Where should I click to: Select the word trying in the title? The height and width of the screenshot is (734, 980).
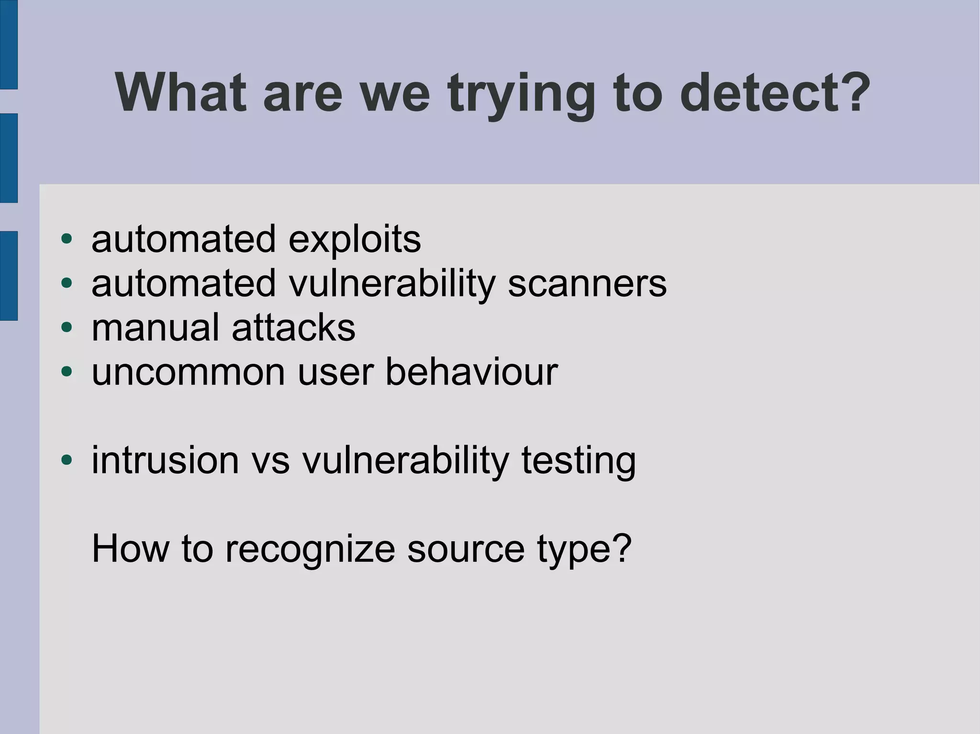[x=522, y=94]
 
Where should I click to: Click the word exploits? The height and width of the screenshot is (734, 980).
[x=355, y=240]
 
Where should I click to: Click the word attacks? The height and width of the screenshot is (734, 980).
[x=293, y=328]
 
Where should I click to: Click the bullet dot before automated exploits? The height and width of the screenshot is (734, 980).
[x=67, y=239]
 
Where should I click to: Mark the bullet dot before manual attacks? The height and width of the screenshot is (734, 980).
[x=67, y=328]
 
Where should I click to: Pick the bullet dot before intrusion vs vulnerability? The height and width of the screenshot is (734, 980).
[x=67, y=460]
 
